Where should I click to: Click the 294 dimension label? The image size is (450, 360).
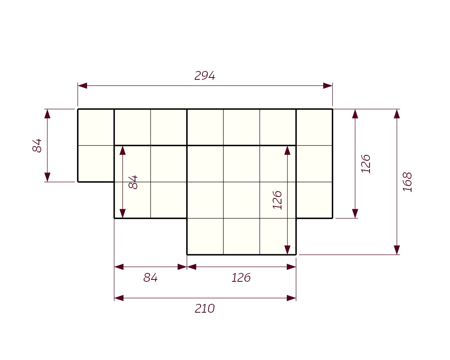click(x=205, y=76)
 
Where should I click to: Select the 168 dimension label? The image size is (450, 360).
click(x=407, y=182)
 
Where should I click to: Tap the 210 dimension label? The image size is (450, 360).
click(x=205, y=308)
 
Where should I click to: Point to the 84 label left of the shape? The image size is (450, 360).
click(x=37, y=145)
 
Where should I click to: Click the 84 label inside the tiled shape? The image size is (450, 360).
click(x=133, y=182)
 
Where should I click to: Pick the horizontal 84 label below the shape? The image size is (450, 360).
click(x=150, y=278)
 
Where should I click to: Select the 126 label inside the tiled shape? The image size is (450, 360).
click(x=277, y=200)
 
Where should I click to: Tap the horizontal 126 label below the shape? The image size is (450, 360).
click(x=241, y=278)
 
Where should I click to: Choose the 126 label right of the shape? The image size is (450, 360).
click(x=366, y=164)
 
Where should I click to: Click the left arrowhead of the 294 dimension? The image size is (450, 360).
click(x=82, y=86)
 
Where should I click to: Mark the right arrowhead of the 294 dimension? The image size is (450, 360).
click(x=328, y=86)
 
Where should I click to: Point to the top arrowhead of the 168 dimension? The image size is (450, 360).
click(x=397, y=114)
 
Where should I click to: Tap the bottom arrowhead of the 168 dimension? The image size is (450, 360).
click(x=397, y=250)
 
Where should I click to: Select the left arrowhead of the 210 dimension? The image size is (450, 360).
click(x=119, y=298)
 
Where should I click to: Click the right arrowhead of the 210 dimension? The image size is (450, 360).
click(x=291, y=298)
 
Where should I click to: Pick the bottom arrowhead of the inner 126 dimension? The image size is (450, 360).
click(x=287, y=250)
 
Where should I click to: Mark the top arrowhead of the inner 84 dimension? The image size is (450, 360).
click(x=122, y=150)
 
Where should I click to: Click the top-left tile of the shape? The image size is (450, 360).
click(x=96, y=127)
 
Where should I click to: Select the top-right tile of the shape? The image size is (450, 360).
click(x=314, y=127)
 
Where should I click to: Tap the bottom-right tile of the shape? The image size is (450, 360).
click(x=278, y=236)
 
